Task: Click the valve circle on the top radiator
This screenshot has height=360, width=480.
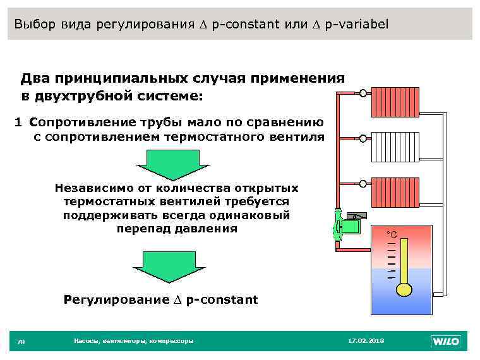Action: (x=363, y=93)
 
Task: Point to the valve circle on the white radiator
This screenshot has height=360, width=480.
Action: (x=363, y=138)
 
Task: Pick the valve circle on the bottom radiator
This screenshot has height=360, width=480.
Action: (x=363, y=183)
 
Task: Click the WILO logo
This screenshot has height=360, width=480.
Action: (x=446, y=342)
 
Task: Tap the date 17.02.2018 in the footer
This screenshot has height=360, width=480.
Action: (x=366, y=341)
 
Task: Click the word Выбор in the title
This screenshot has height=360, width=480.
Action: (x=35, y=25)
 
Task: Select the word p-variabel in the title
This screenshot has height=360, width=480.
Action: (x=357, y=25)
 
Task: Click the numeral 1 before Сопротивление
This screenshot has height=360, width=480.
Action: (x=19, y=123)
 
